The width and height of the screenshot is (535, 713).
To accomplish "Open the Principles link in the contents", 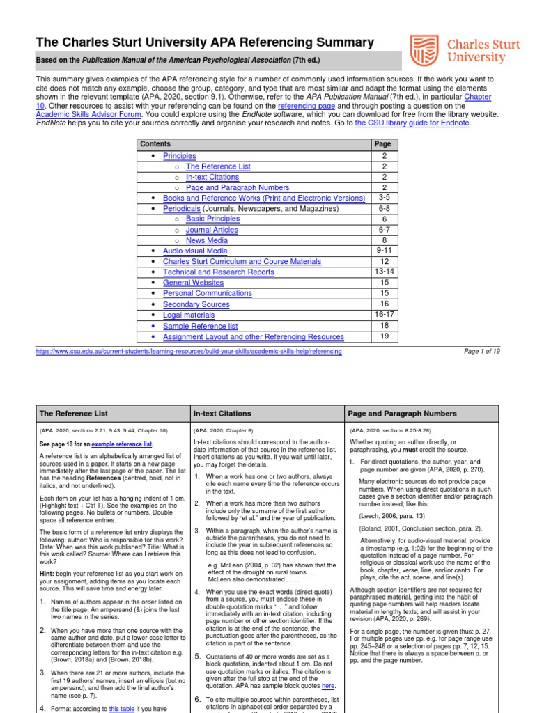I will coord(179,156).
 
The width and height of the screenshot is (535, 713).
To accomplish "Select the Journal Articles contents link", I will coord(212,230).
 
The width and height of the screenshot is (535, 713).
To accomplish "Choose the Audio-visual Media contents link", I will coord(195,251).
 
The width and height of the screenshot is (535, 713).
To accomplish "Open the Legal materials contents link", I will coord(189,315).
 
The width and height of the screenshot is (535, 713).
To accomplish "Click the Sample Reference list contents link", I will coord(200,326).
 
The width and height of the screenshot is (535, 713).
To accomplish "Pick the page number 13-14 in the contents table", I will coord(384,272).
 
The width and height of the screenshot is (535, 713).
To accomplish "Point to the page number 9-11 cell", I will coord(384,251).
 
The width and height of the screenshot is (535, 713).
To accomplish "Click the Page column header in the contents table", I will coord(383,144).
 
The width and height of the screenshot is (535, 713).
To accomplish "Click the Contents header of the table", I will coord(155,144).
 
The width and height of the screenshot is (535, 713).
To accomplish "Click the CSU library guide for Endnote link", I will coord(412,123).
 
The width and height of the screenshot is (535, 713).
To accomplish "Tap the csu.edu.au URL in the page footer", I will coord(189,352).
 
